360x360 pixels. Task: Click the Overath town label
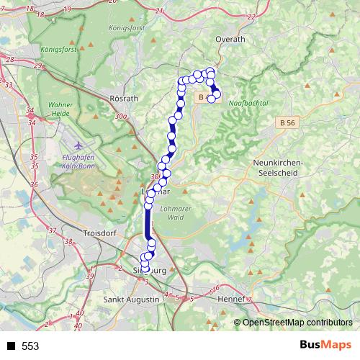pyautogui.click(x=230, y=39)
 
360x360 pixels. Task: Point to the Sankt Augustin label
pyautogui.click(x=131, y=299)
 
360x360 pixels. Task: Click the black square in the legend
pyautogui.click(x=11, y=346)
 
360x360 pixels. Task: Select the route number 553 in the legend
pyautogui.click(x=30, y=346)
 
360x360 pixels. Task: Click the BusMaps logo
pyautogui.click(x=325, y=346)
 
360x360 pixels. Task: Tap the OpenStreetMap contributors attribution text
pyautogui.click(x=297, y=323)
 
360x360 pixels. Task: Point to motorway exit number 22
pyautogui.click(x=251, y=17)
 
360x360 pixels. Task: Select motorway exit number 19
pyautogui.click(x=67, y=9)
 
